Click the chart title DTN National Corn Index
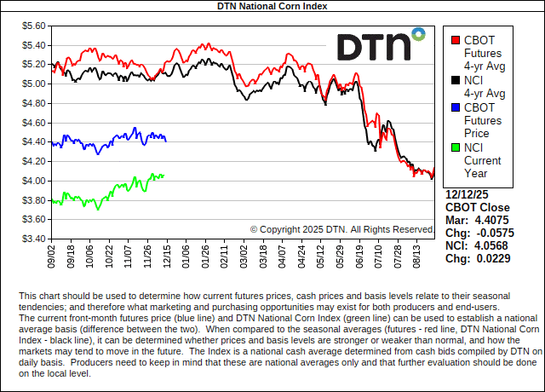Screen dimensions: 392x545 pos(272,6)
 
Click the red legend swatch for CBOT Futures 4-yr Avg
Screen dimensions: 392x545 pos(456,40)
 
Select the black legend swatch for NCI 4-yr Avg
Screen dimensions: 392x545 pos(456,80)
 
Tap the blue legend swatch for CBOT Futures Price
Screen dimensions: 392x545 pos(456,107)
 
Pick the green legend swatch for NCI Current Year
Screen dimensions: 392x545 pos(456,147)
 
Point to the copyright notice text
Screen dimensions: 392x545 pos(342,229)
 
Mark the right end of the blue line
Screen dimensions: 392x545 pos(165,141)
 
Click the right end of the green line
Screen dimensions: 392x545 pos(163,176)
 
